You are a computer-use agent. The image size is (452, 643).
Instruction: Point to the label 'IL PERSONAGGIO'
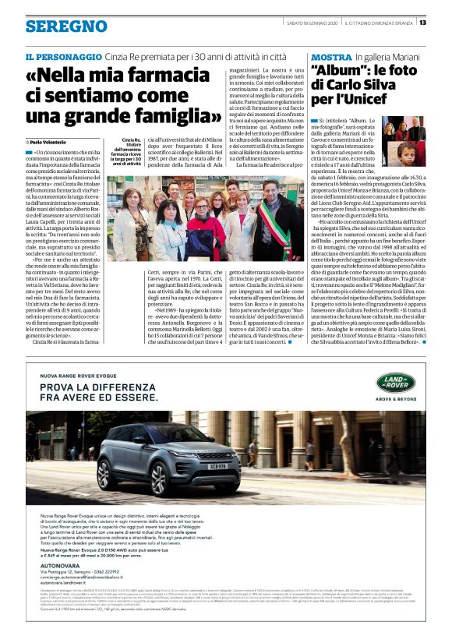click(63, 57)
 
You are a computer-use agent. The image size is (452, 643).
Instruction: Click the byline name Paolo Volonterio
click(48, 142)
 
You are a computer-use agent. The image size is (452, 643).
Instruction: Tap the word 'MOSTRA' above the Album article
click(330, 58)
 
